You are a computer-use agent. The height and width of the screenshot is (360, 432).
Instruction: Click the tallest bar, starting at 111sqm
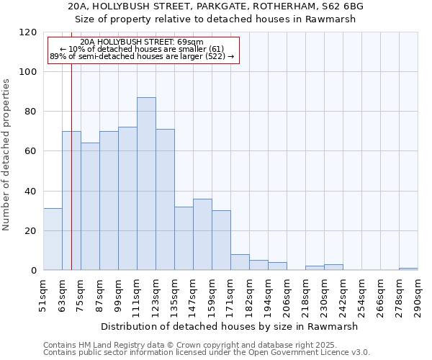tap(146, 184)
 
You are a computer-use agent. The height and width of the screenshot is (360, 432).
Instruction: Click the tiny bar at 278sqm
tap(408, 269)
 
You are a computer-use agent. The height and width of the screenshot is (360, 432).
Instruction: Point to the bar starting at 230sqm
tap(333, 267)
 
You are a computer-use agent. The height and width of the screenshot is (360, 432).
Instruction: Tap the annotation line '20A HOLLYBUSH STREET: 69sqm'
tap(142, 42)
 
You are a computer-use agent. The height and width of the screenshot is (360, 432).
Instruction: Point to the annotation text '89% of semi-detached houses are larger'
tap(142, 56)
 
